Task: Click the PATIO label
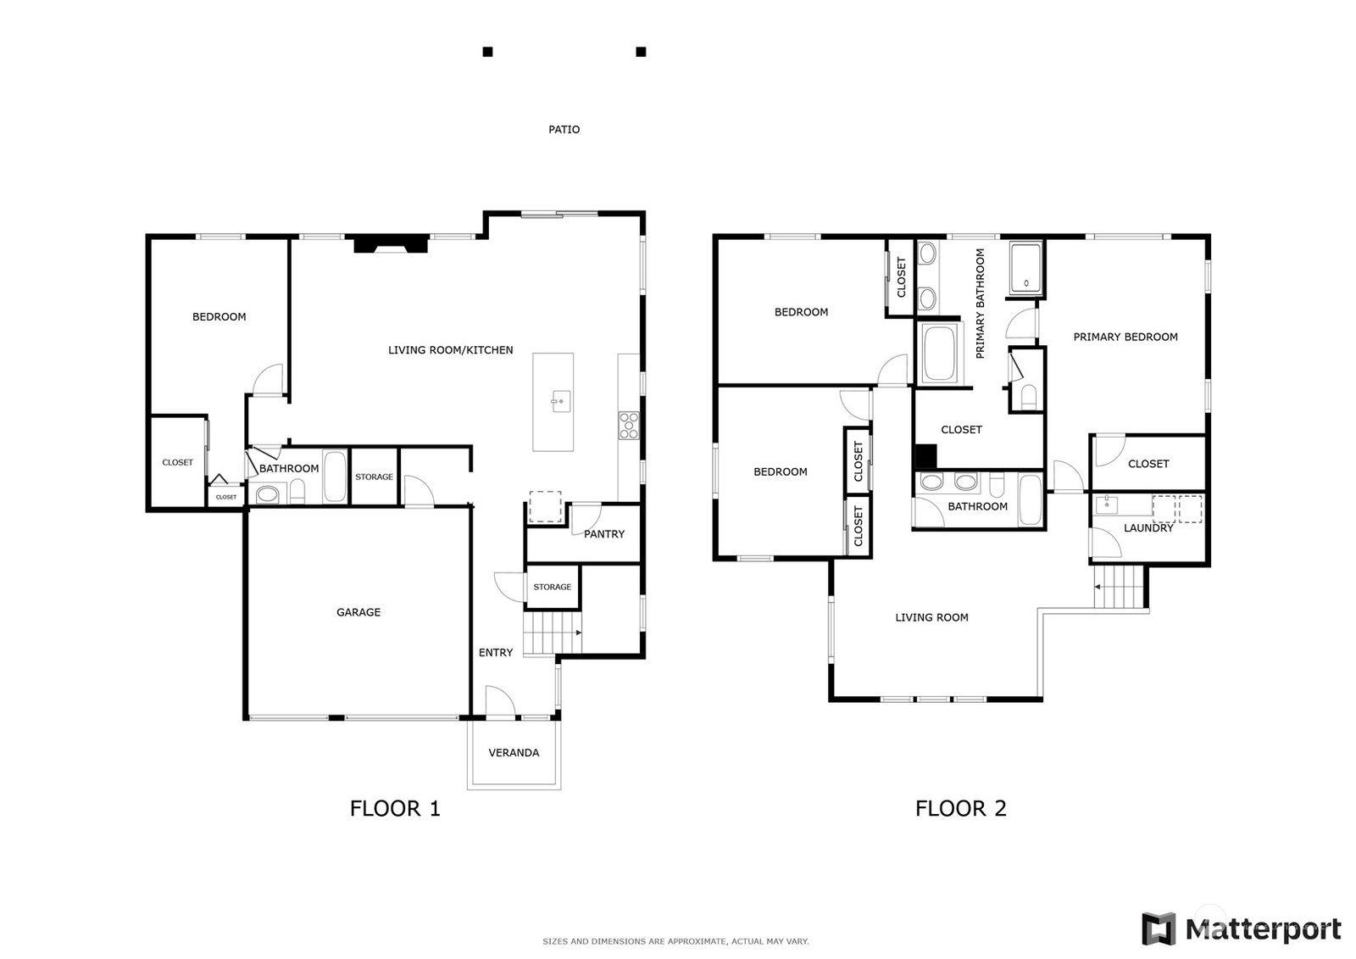click(x=564, y=130)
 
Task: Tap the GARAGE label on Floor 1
click(x=358, y=612)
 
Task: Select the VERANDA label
click(x=514, y=753)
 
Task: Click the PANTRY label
click(x=603, y=534)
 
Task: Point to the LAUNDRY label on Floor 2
click(x=1148, y=528)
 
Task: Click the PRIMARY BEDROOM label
click(x=1125, y=337)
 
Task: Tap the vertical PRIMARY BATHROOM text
click(x=980, y=304)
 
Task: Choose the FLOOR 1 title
click(x=395, y=809)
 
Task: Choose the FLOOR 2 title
click(x=961, y=809)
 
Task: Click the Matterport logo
click(x=1241, y=928)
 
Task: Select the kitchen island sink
click(x=560, y=402)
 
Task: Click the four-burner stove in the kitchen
click(x=628, y=426)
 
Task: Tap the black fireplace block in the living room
click(x=391, y=243)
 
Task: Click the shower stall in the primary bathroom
click(x=1025, y=269)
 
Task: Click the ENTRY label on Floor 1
click(x=495, y=653)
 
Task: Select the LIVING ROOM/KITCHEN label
click(x=450, y=350)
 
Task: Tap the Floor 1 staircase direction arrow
click(x=579, y=633)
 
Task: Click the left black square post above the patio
click(x=487, y=52)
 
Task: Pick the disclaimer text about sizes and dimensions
click(x=675, y=941)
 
